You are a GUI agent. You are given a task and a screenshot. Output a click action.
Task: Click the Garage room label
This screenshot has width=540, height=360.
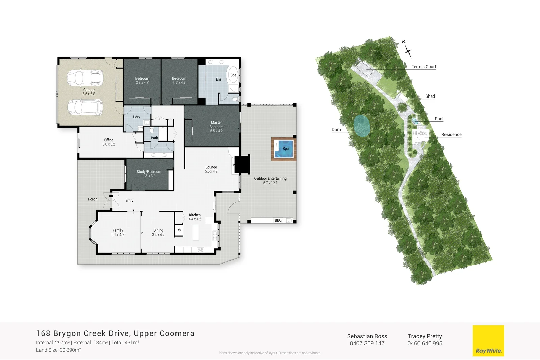click(x=89, y=90)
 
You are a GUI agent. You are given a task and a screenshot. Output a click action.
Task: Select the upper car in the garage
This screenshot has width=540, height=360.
click(x=84, y=77)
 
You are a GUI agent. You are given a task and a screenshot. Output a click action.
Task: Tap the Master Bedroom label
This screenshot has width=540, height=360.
click(x=216, y=125)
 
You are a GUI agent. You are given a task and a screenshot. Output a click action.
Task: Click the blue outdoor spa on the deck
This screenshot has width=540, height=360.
click(x=284, y=149)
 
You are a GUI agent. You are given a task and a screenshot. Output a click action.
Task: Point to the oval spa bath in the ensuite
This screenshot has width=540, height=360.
click(x=233, y=75)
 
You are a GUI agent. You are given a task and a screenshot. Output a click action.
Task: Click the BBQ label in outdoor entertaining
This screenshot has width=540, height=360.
click(x=278, y=220)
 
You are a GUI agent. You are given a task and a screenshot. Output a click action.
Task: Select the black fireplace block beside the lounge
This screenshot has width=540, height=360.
click(x=242, y=164)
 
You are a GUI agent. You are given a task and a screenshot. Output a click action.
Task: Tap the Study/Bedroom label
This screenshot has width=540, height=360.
click(x=149, y=172)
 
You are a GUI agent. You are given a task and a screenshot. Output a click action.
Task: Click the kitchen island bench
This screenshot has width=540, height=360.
click(x=196, y=232)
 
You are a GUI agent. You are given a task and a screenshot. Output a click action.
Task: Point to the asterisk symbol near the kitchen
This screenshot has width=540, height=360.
click(x=179, y=230)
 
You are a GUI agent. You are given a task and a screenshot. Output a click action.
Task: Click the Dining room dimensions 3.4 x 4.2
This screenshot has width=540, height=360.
click(x=158, y=235)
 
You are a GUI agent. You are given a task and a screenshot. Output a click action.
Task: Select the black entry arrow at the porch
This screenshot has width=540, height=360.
click(x=111, y=196)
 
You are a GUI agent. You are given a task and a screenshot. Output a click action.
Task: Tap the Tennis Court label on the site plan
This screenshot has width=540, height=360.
click(x=424, y=67)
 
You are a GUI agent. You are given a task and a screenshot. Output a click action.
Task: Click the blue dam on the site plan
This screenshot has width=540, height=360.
click(x=362, y=126)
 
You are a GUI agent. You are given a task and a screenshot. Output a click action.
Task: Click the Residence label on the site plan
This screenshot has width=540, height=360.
click(x=451, y=135)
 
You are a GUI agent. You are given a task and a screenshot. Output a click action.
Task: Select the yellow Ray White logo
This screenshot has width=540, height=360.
click(x=488, y=340)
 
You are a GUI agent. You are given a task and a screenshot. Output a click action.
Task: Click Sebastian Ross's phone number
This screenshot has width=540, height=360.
click(x=367, y=343)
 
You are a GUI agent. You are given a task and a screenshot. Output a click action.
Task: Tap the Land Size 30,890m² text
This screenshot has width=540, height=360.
click(x=58, y=350)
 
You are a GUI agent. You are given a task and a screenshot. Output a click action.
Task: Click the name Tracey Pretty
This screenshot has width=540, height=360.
click(x=425, y=336)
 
